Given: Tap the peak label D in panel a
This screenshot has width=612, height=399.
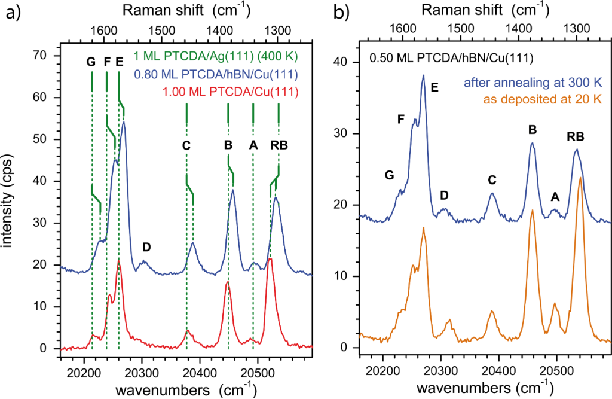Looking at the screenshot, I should pyautogui.click(x=146, y=247).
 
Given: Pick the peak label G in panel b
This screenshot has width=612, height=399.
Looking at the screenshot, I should pyautogui.click(x=389, y=175).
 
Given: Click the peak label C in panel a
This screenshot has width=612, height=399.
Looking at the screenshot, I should pyautogui.click(x=186, y=145).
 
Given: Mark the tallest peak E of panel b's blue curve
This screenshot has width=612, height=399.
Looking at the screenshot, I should pyautogui.click(x=423, y=76).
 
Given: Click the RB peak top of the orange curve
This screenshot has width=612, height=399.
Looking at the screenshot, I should pyautogui.click(x=580, y=178).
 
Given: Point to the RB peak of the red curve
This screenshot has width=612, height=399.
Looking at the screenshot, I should pyautogui.click(x=270, y=259).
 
